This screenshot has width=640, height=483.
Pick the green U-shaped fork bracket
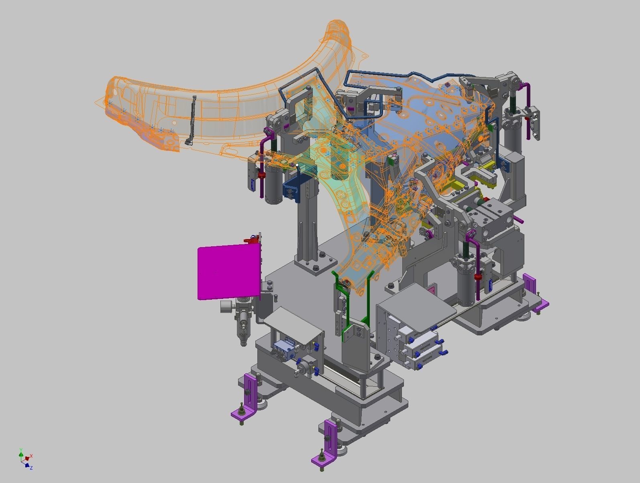[x=353, y=305]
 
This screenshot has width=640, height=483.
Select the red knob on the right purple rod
[x=478, y=277]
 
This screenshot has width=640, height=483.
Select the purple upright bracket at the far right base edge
[x=530, y=283]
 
